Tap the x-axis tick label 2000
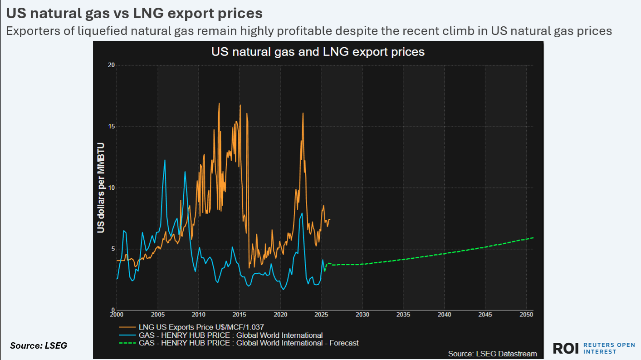[x=117, y=314]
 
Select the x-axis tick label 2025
[x=321, y=314]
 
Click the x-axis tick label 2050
[x=526, y=314]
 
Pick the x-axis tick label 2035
[x=403, y=314]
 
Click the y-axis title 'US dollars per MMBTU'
[x=101, y=187]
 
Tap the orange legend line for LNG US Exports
[x=127, y=326]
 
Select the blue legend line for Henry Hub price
[x=127, y=335]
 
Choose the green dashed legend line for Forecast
[x=127, y=343]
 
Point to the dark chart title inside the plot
[x=318, y=51]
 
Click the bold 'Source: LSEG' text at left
[x=39, y=345]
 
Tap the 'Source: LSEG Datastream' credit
[x=492, y=353]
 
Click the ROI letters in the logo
[x=565, y=348]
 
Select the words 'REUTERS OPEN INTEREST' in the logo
[x=609, y=348]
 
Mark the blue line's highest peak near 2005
[x=165, y=160]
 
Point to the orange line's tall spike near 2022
[x=303, y=113]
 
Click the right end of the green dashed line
[x=533, y=237]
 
